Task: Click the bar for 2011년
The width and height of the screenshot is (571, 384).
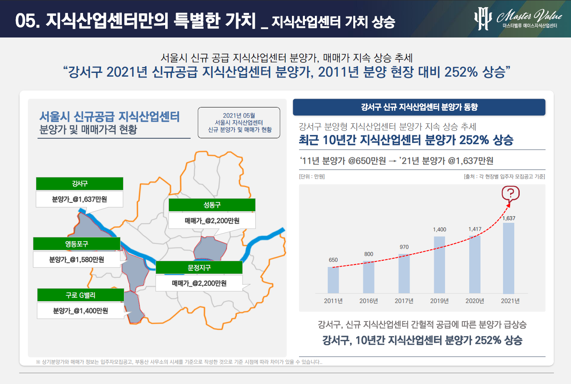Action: click(x=333, y=280)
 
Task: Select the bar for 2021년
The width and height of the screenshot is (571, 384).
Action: click(x=508, y=258)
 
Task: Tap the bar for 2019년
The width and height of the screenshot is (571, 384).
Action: click(x=439, y=265)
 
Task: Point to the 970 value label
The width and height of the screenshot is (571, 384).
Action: click(x=404, y=247)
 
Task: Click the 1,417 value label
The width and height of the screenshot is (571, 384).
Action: click(x=475, y=229)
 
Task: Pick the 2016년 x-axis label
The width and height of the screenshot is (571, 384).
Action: click(x=369, y=301)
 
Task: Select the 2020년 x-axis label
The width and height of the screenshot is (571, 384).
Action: click(x=475, y=301)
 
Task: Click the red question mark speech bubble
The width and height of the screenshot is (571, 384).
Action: click(x=511, y=193)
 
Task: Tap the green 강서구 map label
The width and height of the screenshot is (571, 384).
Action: click(x=80, y=184)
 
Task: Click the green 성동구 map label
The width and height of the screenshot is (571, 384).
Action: click(x=212, y=205)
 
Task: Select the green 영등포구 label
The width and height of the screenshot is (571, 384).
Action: click(x=77, y=244)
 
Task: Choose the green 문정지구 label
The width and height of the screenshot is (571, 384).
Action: click(x=199, y=268)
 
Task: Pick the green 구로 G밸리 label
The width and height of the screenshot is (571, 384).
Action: click(x=80, y=295)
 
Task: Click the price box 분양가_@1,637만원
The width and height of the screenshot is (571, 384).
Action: click(x=80, y=199)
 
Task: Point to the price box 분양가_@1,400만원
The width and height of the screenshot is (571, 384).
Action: click(x=80, y=311)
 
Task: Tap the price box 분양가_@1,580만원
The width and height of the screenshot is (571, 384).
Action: click(x=77, y=259)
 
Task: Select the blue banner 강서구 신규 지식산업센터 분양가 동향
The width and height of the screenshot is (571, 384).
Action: click(x=419, y=107)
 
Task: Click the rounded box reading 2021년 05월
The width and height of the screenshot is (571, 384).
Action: click(x=239, y=122)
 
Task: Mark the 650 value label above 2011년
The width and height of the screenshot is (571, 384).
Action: click(x=333, y=260)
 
